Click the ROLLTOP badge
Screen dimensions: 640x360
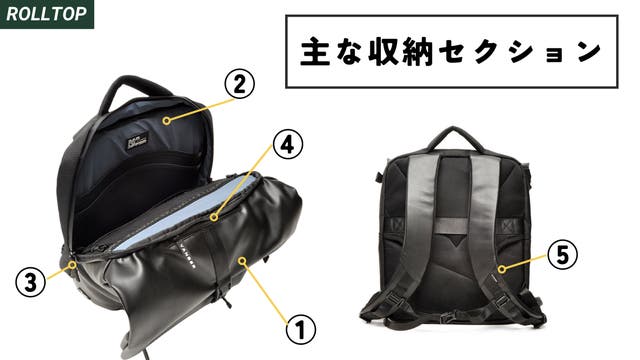pos(47,14)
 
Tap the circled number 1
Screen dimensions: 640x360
pos(301,330)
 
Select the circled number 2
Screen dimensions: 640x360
pos(239,85)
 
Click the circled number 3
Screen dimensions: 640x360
pos(31,282)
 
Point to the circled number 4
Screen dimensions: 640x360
pos(288,145)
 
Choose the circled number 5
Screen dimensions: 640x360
pos(562,255)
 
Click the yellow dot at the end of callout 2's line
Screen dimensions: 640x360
pos(166,120)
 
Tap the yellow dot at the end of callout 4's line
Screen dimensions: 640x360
pos(214,218)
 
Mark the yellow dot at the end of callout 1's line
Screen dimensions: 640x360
pos(243,260)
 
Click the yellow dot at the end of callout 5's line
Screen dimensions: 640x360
pos(502,269)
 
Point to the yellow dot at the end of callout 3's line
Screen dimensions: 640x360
pos(73,264)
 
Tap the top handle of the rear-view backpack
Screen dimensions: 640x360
pos(455,138)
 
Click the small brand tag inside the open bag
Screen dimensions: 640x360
pos(137,141)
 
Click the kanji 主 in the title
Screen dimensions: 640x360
pos(315,52)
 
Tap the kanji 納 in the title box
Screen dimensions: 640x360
pos(417,52)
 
